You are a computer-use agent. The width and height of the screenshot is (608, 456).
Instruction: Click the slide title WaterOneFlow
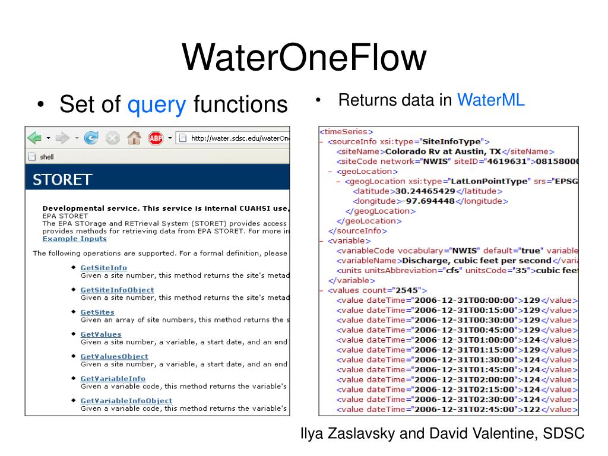[303, 58]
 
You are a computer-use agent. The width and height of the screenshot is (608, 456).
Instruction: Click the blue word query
[157, 104]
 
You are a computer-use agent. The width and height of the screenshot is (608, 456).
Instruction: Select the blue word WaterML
[490, 100]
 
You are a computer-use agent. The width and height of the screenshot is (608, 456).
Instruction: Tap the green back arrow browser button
[35, 138]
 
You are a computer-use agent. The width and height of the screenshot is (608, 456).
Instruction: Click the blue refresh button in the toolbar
[91, 138]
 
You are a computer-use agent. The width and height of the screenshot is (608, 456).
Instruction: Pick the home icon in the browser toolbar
[134, 138]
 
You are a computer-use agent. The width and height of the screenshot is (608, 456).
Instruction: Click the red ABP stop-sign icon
[156, 138]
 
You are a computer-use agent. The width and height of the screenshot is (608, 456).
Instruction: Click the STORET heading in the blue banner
[62, 180]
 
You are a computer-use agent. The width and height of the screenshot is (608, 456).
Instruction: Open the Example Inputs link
[75, 239]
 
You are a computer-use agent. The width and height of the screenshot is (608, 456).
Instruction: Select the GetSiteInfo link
[103, 268]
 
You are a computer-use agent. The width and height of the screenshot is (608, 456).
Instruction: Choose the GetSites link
[97, 312]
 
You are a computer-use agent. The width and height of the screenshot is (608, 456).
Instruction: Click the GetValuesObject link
[114, 356]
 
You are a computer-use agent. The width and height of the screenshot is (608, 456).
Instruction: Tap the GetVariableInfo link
[113, 378]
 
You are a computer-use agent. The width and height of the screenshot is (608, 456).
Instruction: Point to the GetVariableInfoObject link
[126, 401]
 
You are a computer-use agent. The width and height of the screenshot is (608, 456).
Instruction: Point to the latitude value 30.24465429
[425, 191]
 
